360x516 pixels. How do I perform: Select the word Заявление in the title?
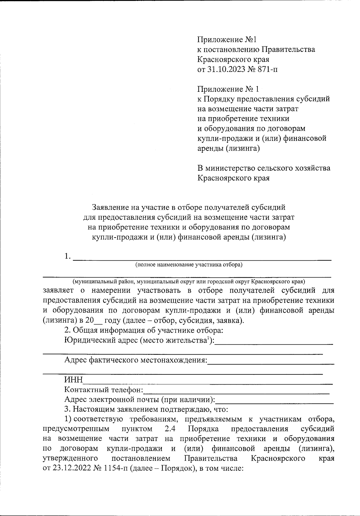pos(109,207)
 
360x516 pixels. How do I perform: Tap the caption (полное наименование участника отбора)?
pos(189,265)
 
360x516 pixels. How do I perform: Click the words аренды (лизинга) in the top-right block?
pos(228,148)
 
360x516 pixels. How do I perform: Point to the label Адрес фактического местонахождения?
pos(136,360)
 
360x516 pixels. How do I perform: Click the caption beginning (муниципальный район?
pos(189,282)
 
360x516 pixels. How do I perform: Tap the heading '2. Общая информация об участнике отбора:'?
pos(144,331)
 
